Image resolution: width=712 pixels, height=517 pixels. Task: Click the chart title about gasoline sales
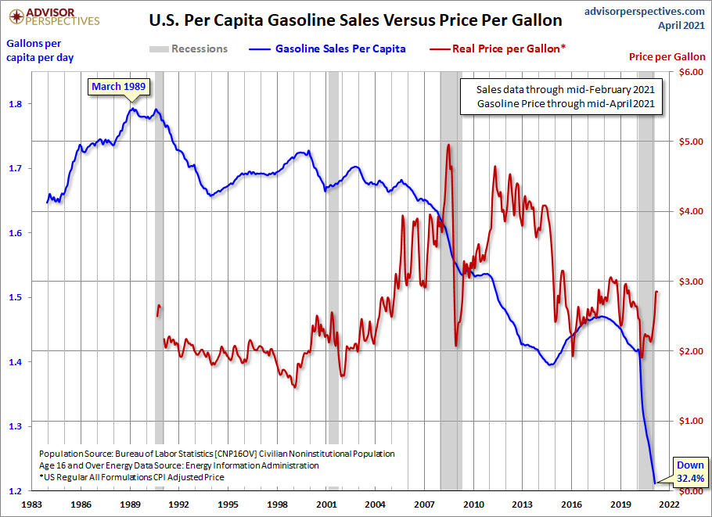tap(355, 20)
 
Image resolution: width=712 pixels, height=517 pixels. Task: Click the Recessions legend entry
tap(188, 48)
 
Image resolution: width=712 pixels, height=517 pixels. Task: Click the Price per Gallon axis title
tap(667, 57)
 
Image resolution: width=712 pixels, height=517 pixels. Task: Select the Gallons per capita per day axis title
tap(34, 49)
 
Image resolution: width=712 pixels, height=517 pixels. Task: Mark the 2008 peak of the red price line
tap(448, 145)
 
